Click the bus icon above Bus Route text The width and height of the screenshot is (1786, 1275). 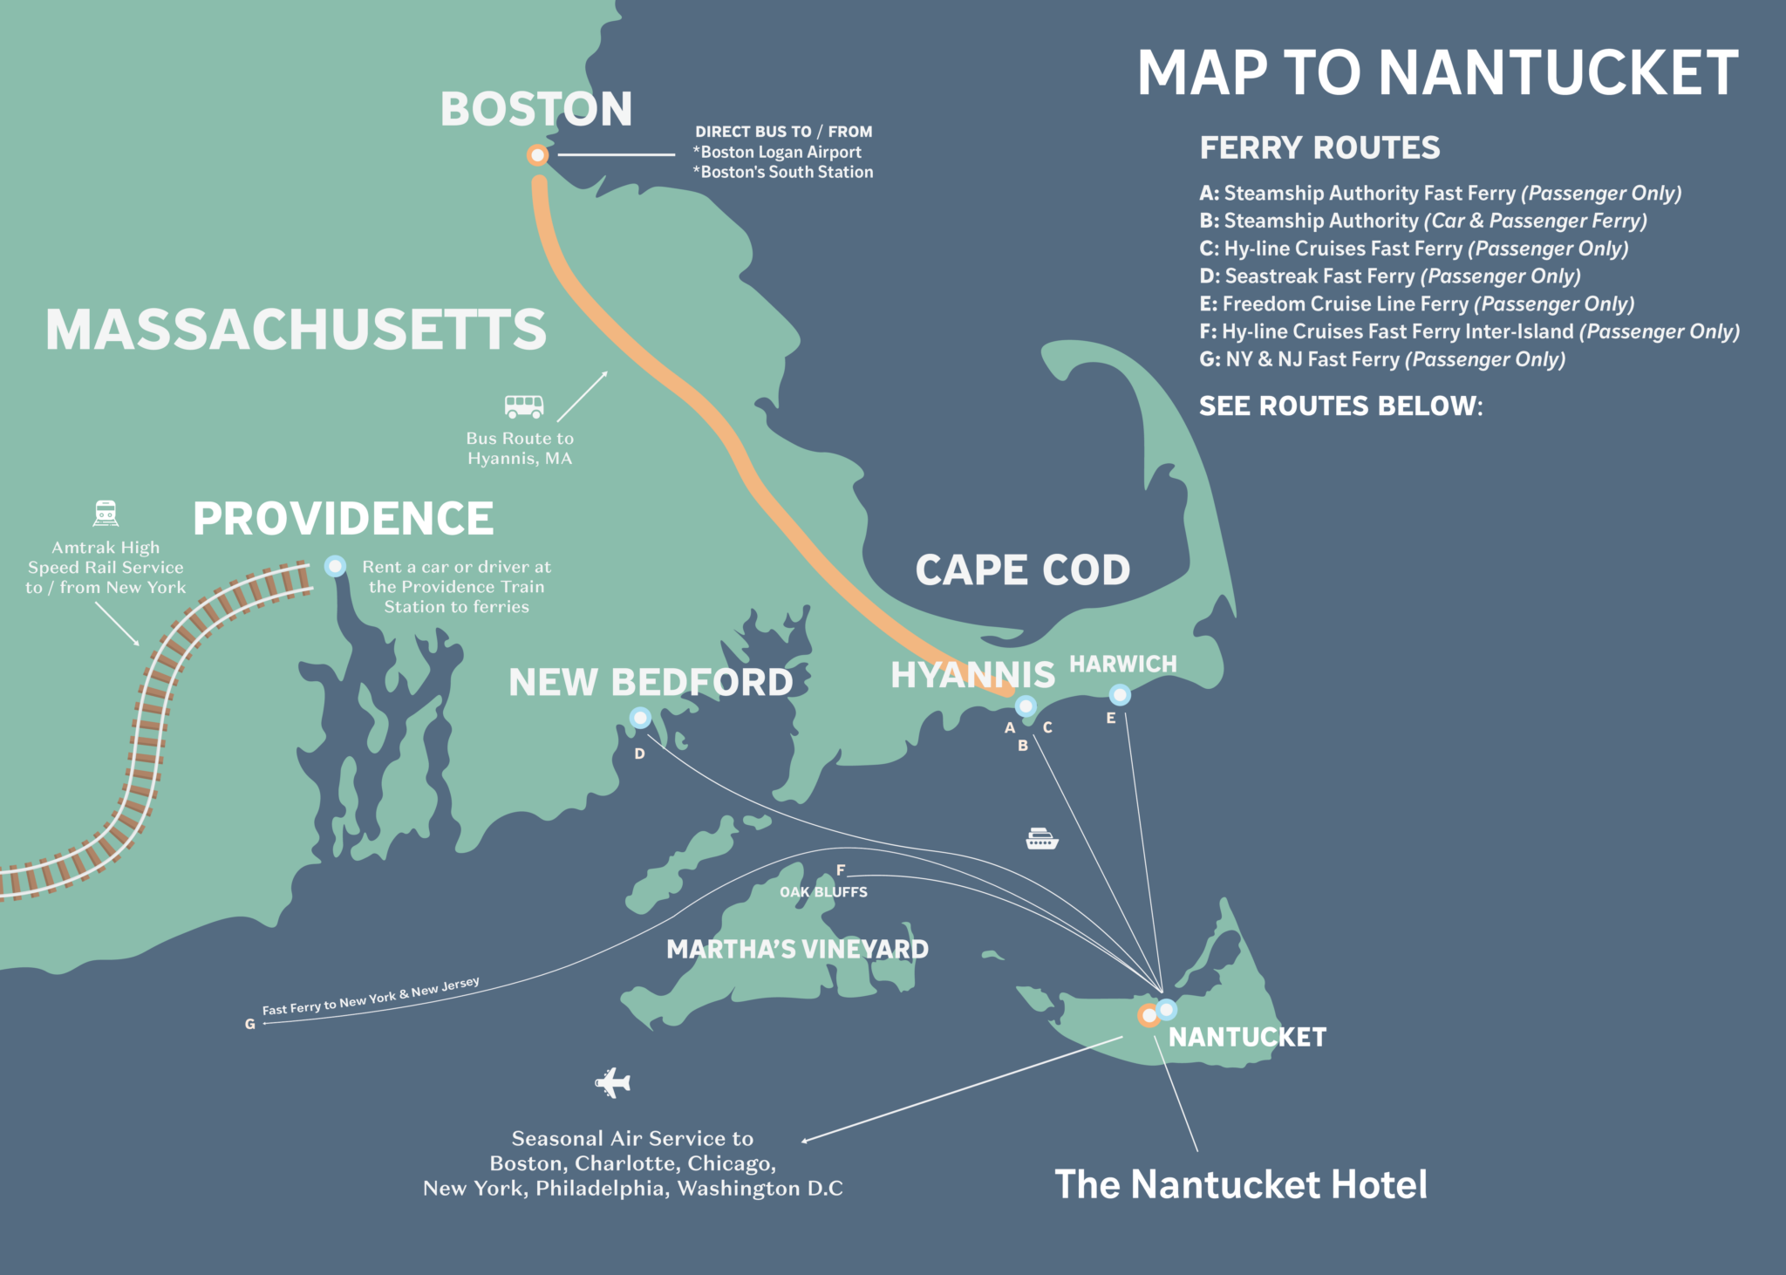pyautogui.click(x=524, y=406)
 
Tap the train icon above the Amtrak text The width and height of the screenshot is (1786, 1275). pyautogui.click(x=106, y=513)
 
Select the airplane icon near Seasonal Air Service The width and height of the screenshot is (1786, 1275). pyautogui.click(x=613, y=1082)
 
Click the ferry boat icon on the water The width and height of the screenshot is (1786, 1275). pyautogui.click(x=1041, y=838)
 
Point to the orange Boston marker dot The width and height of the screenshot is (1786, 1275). pyautogui.click(x=537, y=155)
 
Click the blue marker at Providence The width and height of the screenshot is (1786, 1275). pyautogui.click(x=335, y=566)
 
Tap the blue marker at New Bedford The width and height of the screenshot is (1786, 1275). pyautogui.click(x=640, y=718)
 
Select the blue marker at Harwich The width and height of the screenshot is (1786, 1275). pyautogui.click(x=1120, y=695)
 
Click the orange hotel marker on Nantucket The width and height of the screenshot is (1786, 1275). pyautogui.click(x=1149, y=1015)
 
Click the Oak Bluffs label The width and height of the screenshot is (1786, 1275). pyautogui.click(x=823, y=892)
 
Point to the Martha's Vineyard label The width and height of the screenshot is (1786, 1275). pyautogui.click(x=797, y=949)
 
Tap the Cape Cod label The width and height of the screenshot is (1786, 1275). pyautogui.click(x=1022, y=570)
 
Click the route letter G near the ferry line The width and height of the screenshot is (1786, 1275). pyautogui.click(x=250, y=1024)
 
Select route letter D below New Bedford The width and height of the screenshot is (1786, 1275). pyautogui.click(x=640, y=753)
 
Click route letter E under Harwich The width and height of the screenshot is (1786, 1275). pyautogui.click(x=1111, y=719)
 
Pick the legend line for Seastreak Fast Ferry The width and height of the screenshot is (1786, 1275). pyautogui.click(x=1389, y=276)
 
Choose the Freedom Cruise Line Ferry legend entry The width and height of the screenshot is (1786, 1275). pyautogui.click(x=1416, y=304)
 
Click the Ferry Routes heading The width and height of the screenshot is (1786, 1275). pyautogui.click(x=1319, y=147)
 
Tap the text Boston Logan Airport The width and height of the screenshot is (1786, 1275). pyautogui.click(x=780, y=152)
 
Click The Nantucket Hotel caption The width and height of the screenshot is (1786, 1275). pyautogui.click(x=1241, y=1184)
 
